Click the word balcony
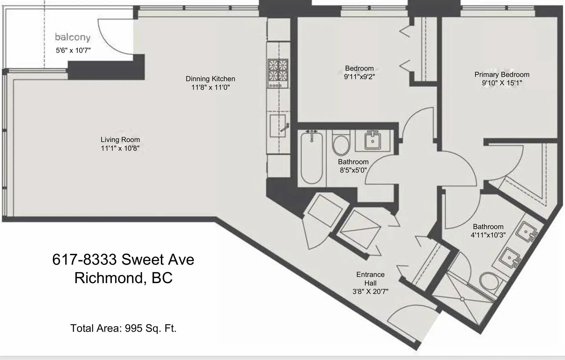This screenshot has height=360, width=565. click(x=73, y=37)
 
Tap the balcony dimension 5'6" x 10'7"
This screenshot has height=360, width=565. click(x=73, y=50)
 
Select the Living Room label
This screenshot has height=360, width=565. click(x=120, y=140)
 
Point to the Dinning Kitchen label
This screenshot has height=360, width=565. click(x=210, y=79)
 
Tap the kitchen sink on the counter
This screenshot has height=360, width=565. click(x=277, y=126)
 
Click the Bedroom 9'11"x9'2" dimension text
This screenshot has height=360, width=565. click(x=359, y=77)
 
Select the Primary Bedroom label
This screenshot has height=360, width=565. click(x=502, y=74)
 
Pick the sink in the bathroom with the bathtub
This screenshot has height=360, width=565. click(x=373, y=141)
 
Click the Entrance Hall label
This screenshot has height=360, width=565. click(x=370, y=278)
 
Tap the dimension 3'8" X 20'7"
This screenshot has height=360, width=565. click(x=370, y=292)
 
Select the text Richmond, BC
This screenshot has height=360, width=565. click(x=123, y=278)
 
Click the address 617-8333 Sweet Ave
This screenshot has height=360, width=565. click(x=123, y=259)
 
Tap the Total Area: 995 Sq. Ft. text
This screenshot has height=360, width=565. click(x=123, y=328)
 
